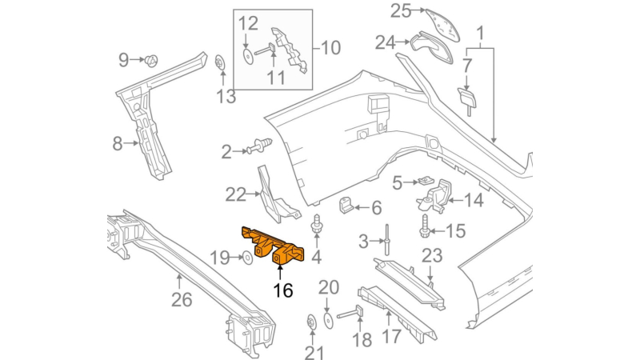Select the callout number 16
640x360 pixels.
(x=283, y=290)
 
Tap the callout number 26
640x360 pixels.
(x=182, y=300)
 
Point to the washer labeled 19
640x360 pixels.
(x=247, y=258)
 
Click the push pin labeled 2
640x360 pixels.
(x=258, y=146)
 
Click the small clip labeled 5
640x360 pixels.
(x=426, y=180)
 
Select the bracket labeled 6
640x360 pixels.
(x=346, y=205)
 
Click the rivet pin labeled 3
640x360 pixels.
(x=386, y=239)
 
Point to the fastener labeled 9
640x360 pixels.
(x=151, y=61)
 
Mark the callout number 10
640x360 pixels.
(x=331, y=48)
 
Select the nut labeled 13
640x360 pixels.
(x=221, y=62)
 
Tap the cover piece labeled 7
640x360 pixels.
(x=466, y=99)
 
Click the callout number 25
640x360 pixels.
(x=401, y=10)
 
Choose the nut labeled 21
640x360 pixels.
(x=312, y=322)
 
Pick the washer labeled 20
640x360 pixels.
(x=328, y=320)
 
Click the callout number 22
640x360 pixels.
(x=235, y=195)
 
